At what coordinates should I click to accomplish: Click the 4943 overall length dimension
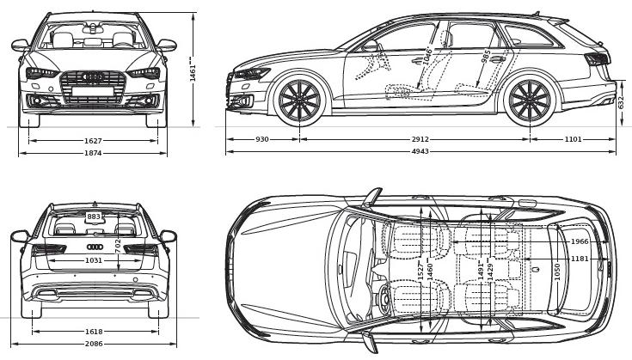pos(420,152)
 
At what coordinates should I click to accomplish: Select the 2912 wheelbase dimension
pos(420,139)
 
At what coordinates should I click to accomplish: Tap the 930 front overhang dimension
pos(262,139)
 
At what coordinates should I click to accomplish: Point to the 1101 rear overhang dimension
pos(573,139)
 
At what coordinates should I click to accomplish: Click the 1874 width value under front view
pos(93,153)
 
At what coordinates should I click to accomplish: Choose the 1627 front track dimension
pos(93,139)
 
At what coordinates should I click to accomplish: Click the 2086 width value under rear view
pos(93,344)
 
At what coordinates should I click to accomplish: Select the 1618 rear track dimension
pos(93,331)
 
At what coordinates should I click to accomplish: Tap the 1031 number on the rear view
pos(94,260)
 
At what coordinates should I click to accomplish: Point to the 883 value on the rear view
pos(94,217)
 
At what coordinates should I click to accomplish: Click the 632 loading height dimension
pos(622,102)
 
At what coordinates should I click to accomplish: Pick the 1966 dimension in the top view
pos(580,241)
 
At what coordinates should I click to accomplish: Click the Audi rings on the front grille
pos(93,77)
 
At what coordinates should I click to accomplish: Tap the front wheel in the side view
pos(298,101)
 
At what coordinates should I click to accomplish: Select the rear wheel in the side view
pos(529,101)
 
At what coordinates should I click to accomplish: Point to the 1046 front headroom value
pos(427,58)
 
